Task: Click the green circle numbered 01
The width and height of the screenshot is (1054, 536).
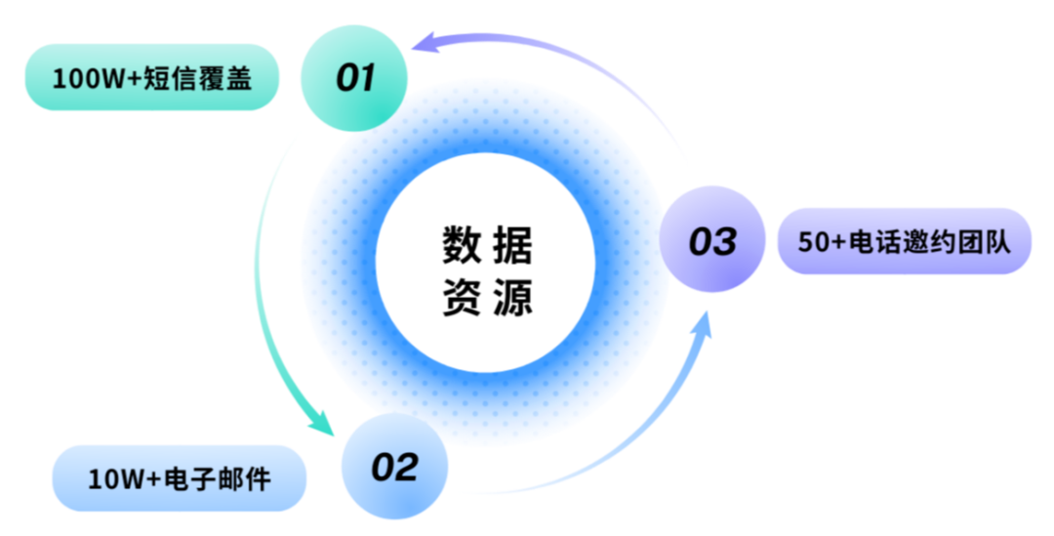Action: click(353, 77)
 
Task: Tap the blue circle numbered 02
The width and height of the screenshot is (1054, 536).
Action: click(394, 467)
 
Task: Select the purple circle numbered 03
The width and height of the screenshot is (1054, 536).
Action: click(712, 240)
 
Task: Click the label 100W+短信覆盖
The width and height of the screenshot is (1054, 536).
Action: click(151, 77)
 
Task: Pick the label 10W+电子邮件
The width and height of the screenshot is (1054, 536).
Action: click(179, 478)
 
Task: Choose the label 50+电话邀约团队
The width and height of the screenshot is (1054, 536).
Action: click(904, 241)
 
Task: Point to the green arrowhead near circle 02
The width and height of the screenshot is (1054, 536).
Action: click(321, 424)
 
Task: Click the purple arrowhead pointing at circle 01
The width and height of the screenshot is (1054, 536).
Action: click(424, 42)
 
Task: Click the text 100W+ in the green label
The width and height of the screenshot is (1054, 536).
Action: click(96, 78)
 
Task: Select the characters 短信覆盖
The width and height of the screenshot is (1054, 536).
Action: click(197, 77)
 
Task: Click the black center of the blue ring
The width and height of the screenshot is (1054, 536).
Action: click(485, 264)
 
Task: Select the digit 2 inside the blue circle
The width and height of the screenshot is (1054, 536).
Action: click(407, 467)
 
